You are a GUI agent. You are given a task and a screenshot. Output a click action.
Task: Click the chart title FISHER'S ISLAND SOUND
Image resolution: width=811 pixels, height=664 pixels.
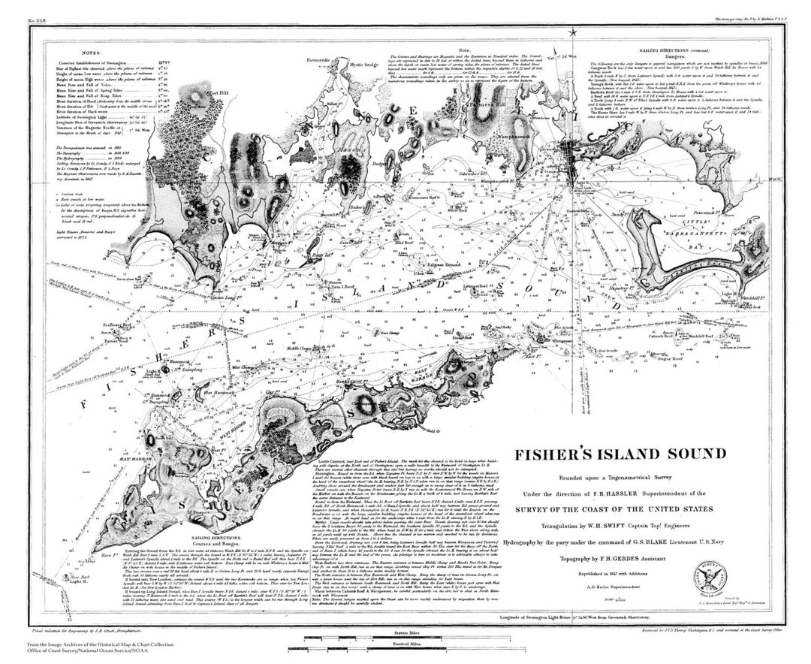tap(620, 454)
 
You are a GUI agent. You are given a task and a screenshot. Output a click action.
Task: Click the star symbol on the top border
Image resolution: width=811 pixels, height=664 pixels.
tap(572, 32)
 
